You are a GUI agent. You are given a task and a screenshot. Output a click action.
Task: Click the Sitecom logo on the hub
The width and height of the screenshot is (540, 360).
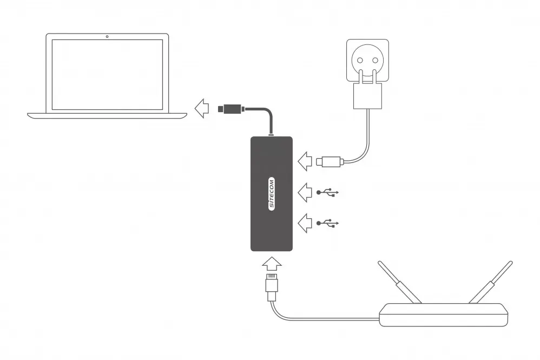click(x=272, y=194)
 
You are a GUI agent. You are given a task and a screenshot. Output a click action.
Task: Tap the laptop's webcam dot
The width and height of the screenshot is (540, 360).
click(x=107, y=37)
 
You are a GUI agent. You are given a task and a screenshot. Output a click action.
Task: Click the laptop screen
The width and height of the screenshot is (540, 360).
click(x=107, y=74)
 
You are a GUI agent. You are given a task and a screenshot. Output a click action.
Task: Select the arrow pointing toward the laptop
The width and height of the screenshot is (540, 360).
click(x=201, y=108)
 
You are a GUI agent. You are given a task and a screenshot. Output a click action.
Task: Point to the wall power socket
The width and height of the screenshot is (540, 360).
click(x=367, y=60)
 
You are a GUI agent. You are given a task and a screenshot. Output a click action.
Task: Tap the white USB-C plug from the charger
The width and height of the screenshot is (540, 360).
click(x=330, y=161)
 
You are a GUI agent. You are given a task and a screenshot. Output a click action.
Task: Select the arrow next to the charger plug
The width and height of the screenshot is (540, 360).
click(x=305, y=160)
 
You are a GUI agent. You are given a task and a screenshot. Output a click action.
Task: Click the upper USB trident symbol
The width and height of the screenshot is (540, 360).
click(x=327, y=192)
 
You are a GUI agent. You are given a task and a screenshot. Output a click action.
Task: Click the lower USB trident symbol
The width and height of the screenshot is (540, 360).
click(x=327, y=222)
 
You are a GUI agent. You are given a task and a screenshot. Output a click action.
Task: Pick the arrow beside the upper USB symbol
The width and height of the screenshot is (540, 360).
click(x=305, y=192)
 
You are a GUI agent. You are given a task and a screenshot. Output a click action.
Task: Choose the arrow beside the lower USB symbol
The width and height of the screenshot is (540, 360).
click(x=305, y=222)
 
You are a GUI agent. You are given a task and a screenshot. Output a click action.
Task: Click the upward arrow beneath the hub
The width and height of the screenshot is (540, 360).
click(x=272, y=263)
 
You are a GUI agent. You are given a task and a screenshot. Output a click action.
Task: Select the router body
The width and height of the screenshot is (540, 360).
click(x=444, y=315)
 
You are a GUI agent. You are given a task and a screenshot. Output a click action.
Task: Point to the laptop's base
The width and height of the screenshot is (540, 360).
click(x=107, y=115)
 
